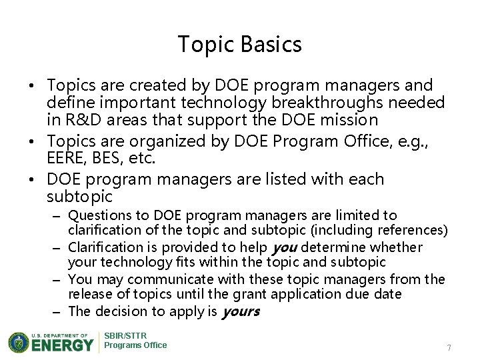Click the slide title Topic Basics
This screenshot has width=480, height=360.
(240, 45)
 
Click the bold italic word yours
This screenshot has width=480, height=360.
(240, 311)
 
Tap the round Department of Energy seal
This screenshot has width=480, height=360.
(20, 341)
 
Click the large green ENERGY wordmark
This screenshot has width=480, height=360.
(62, 345)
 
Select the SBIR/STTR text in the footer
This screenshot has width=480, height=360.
(126, 335)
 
